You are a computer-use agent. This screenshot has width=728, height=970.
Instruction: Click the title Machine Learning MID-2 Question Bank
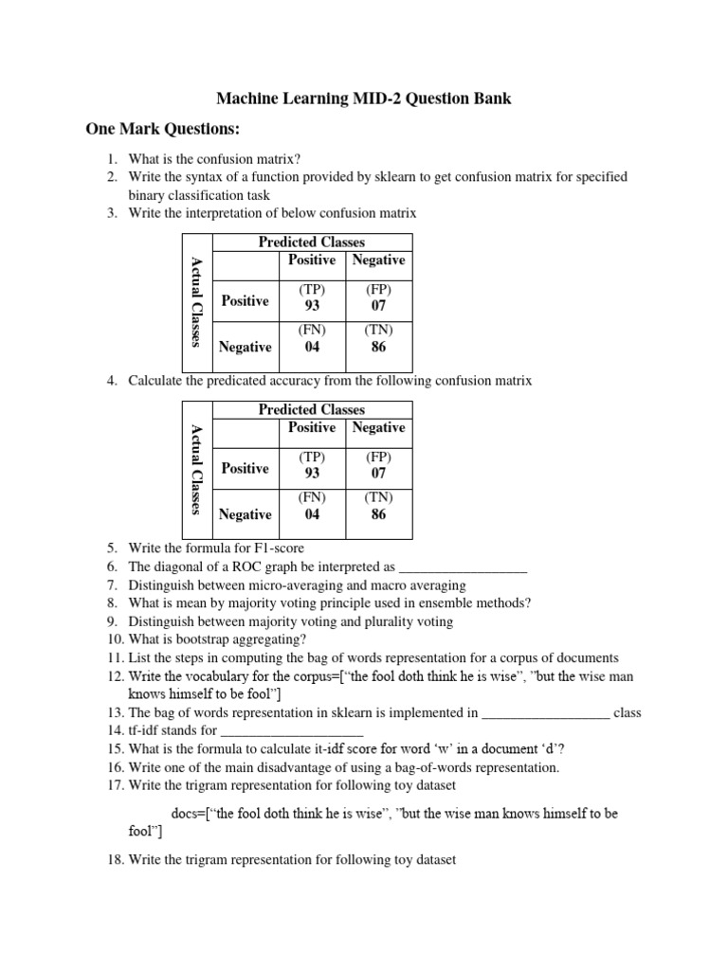tap(364, 99)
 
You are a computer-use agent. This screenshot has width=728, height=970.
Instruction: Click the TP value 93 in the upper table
tap(312, 306)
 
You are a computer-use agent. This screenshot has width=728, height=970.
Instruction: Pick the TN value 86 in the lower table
tap(378, 514)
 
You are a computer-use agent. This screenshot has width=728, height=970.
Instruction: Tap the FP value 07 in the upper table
tap(378, 306)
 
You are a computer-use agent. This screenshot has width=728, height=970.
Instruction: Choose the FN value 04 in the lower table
tap(312, 514)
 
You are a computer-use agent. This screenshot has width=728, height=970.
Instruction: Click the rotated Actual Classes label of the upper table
tap(196, 301)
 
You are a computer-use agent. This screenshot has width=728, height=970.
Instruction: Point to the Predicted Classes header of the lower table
tap(312, 409)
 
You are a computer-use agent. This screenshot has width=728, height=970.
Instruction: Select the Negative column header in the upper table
tap(378, 260)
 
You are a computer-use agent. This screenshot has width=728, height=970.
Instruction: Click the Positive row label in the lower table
tap(245, 468)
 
